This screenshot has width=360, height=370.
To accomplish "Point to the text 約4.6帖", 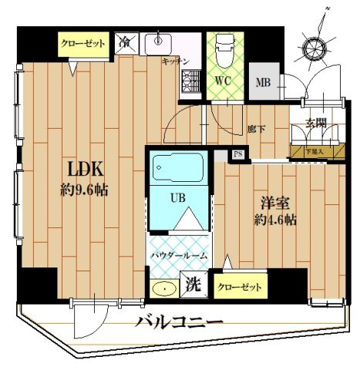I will point(276,219).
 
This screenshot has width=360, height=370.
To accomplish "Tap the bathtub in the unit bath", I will point(177,167).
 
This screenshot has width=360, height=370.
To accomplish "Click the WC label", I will point(223,79).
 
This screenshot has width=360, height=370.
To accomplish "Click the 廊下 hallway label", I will point(256,129).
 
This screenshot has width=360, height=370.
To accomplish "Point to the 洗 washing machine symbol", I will point(191,284).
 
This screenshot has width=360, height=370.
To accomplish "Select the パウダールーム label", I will point(177,254).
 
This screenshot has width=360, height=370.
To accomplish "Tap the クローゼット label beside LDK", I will point(82,44).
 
